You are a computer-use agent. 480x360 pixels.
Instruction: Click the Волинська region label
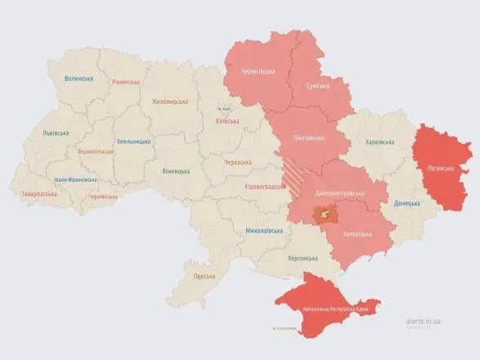click(79, 79)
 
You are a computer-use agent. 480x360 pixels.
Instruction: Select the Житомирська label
click(170, 101)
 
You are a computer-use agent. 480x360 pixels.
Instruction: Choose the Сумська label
click(318, 85)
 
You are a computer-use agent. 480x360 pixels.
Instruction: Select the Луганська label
click(441, 167)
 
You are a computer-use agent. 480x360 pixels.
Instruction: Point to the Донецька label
click(408, 203)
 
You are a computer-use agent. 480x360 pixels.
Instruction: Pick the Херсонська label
click(301, 258)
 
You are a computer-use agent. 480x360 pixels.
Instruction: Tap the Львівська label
click(56, 133)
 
